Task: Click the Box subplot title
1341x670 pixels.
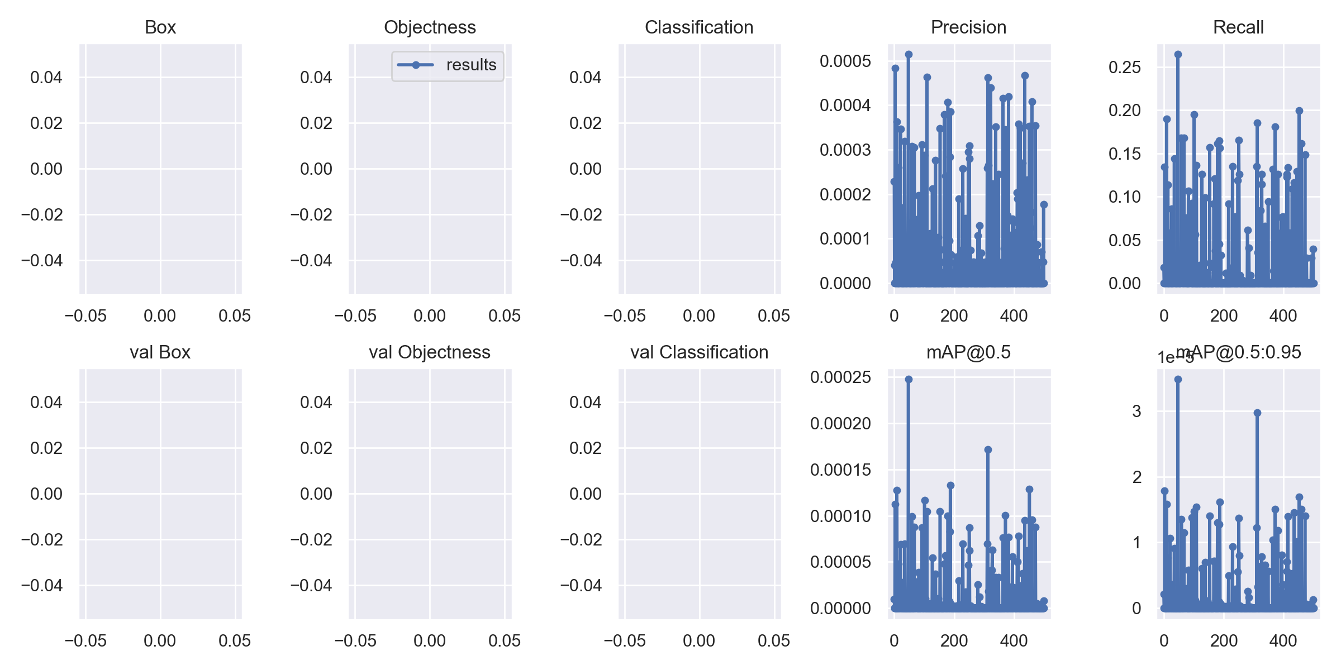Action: click(x=160, y=27)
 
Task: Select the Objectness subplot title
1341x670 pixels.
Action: click(x=430, y=27)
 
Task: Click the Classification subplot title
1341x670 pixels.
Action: click(x=699, y=27)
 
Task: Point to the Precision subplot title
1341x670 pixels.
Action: click(x=968, y=27)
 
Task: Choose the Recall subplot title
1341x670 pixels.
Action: click(x=1238, y=27)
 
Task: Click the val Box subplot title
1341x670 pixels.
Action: click(x=160, y=352)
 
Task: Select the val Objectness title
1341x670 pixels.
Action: click(x=430, y=352)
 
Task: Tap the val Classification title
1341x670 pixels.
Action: click(x=699, y=352)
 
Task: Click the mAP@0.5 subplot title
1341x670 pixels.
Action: click(x=968, y=352)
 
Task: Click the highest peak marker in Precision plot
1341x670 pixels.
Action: click(x=909, y=54)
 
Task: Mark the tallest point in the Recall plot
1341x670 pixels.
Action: click(x=1178, y=54)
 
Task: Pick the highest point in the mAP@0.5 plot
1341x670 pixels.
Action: click(x=909, y=379)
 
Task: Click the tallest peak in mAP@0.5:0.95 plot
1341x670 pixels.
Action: click(x=1178, y=379)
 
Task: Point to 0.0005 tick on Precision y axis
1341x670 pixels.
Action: click(x=845, y=61)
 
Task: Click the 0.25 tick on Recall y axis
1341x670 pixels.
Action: click(x=1124, y=68)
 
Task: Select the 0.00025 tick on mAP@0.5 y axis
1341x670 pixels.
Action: click(x=840, y=377)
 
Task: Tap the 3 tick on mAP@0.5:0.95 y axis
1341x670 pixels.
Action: click(x=1136, y=411)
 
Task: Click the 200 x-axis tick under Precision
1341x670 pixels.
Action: click(x=954, y=316)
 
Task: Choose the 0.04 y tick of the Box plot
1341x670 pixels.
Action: click(x=46, y=78)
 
